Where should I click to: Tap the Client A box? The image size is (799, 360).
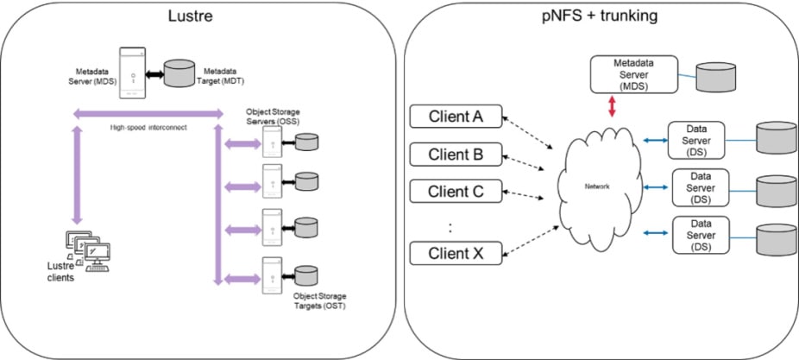(x=454, y=115)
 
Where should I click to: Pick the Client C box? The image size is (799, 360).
(x=454, y=191)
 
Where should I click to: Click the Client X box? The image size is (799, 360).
(x=454, y=253)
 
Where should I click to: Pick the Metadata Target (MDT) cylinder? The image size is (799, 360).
(x=179, y=73)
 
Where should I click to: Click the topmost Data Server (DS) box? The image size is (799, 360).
(x=700, y=139)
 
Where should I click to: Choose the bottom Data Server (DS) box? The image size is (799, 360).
(x=700, y=235)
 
